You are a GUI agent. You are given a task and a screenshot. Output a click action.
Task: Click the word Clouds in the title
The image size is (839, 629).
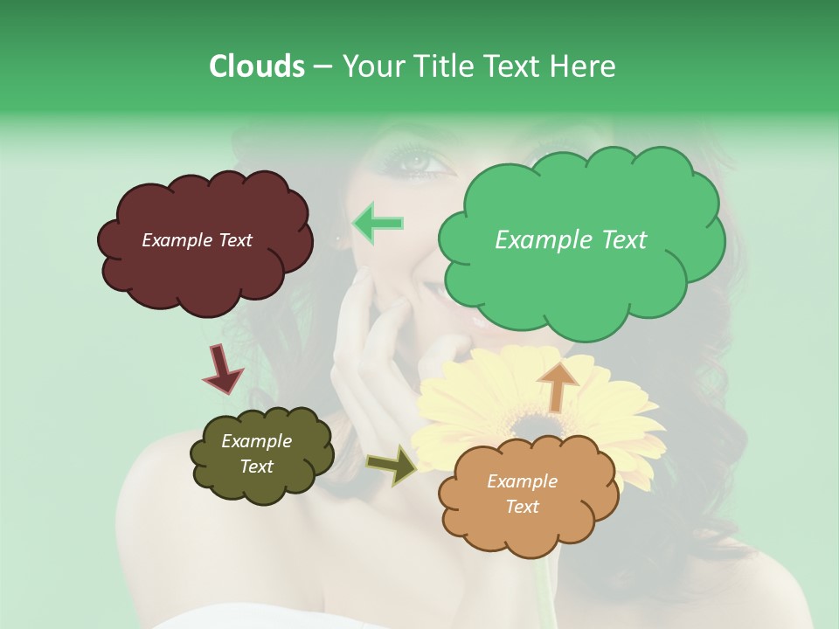[256, 66]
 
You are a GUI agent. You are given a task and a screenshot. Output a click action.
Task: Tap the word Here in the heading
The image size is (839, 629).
[583, 66]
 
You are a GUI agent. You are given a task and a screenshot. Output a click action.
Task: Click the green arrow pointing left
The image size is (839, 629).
[378, 224]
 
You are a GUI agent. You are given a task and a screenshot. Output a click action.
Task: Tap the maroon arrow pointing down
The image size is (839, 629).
[222, 368]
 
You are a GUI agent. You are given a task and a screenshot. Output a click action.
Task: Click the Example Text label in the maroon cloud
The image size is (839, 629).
[197, 240]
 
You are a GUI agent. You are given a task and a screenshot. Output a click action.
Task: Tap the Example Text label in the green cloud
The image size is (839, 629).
[571, 240]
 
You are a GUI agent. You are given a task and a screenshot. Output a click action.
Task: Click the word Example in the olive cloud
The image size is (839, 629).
[256, 441]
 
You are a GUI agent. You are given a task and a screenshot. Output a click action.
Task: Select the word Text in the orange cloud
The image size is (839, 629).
[522, 507]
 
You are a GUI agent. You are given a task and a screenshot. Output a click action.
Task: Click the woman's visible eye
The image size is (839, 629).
[416, 162]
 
